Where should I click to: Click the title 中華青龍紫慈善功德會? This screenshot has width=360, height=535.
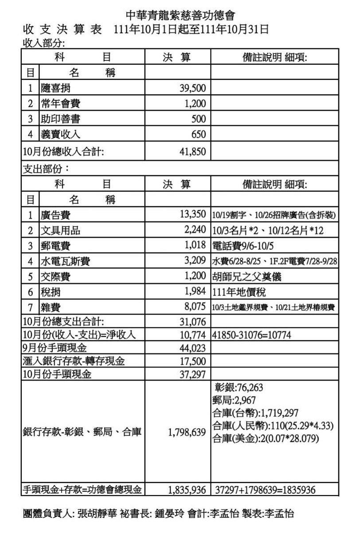click(x=180, y=16)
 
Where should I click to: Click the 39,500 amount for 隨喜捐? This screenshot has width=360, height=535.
click(x=192, y=88)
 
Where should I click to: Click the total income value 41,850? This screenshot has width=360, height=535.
click(x=192, y=152)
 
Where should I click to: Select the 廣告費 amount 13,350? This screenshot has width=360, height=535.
click(x=193, y=215)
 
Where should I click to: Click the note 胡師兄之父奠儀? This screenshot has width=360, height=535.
click(x=247, y=277)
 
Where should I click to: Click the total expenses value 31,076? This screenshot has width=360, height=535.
click(x=193, y=321)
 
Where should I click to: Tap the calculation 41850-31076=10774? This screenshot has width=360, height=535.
click(x=252, y=335)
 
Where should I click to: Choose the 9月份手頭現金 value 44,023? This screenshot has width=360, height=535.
click(x=193, y=349)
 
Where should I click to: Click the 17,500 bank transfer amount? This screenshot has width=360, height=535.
click(x=193, y=362)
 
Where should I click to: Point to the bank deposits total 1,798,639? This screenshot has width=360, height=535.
click(x=187, y=433)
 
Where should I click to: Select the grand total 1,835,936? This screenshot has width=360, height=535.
click(x=187, y=490)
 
